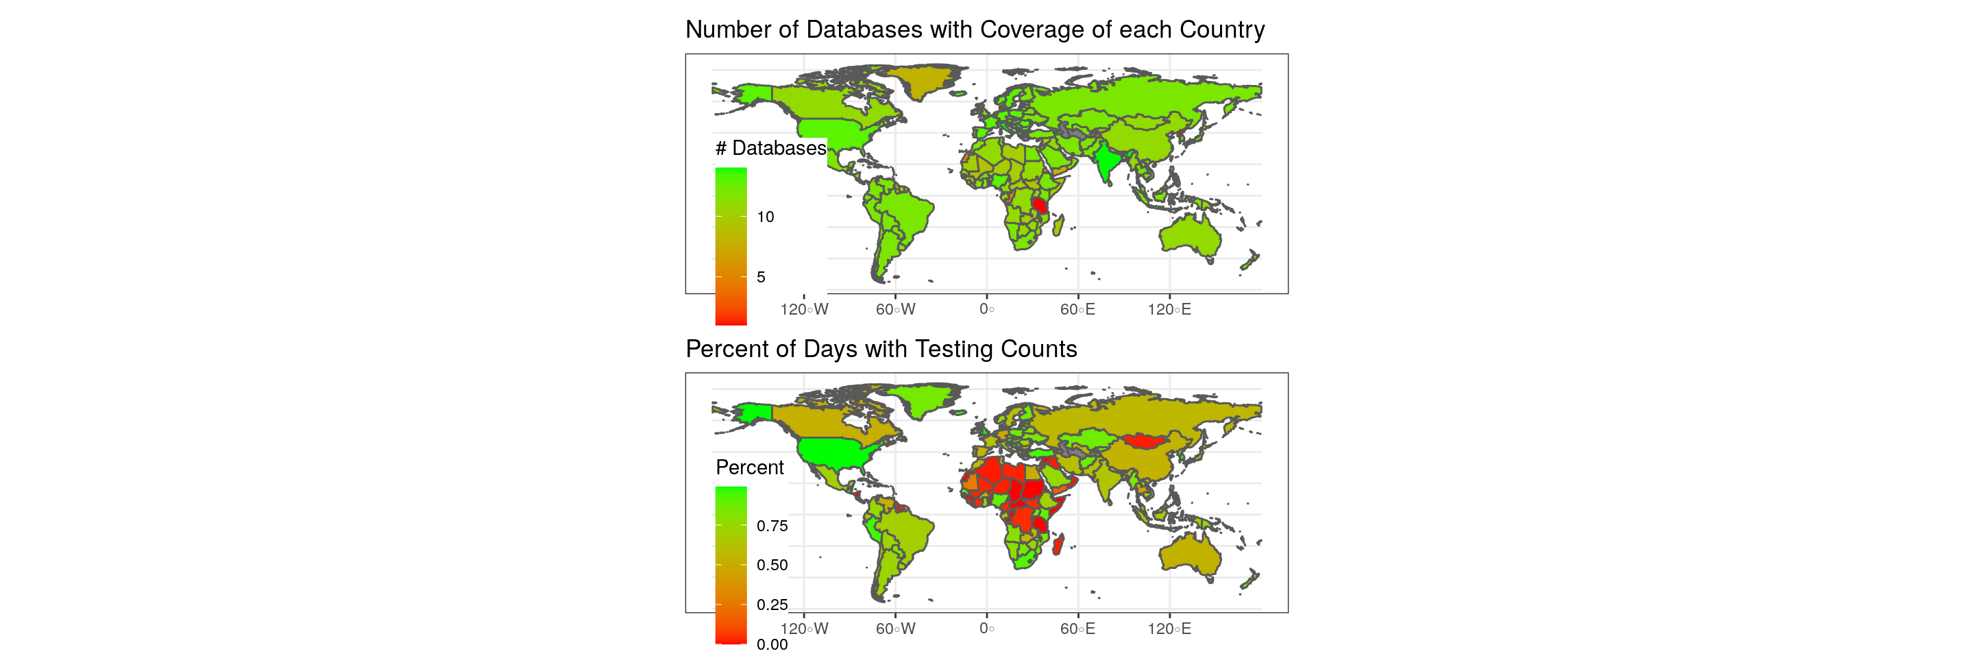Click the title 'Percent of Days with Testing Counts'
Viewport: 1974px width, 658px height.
(x=881, y=350)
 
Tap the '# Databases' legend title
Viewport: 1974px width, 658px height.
(x=770, y=148)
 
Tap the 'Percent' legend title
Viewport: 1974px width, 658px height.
(x=748, y=467)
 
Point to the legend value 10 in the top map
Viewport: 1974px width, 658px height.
(x=765, y=217)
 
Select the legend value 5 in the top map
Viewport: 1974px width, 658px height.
(x=760, y=278)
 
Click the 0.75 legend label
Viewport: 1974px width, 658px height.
(x=772, y=526)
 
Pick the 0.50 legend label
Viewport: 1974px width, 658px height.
(x=772, y=565)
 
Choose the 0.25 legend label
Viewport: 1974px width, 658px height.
(x=772, y=605)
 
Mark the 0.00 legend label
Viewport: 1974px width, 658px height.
(x=772, y=645)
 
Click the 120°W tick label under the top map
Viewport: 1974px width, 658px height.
(x=804, y=310)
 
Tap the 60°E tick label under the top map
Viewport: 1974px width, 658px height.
(x=1077, y=310)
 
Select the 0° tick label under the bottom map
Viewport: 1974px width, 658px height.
(x=986, y=629)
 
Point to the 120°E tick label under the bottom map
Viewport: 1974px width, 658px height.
(x=1169, y=629)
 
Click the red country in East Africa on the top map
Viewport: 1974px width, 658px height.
(x=1040, y=204)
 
